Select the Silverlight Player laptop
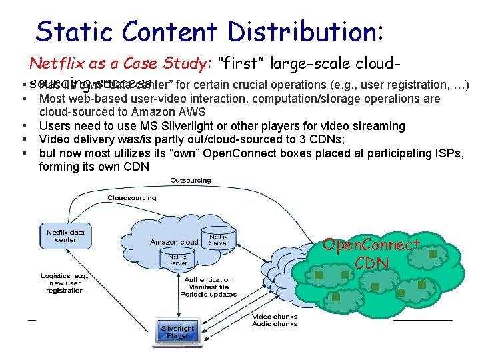click(x=178, y=331)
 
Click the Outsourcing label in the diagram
click(x=191, y=181)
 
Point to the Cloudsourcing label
click(x=132, y=198)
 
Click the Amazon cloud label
click(x=174, y=242)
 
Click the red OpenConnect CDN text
click(x=371, y=253)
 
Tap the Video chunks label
click(x=275, y=317)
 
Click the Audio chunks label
click(x=275, y=324)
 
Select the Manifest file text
click(x=209, y=287)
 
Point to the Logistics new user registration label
click(x=65, y=283)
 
